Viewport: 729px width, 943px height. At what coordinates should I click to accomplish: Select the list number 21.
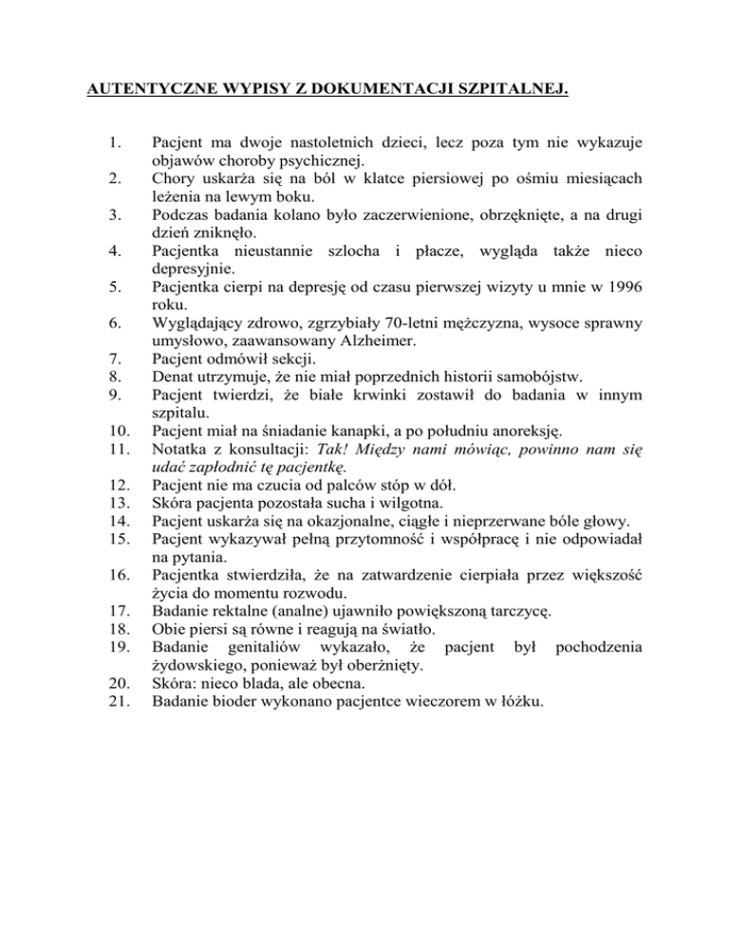point(115,701)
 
